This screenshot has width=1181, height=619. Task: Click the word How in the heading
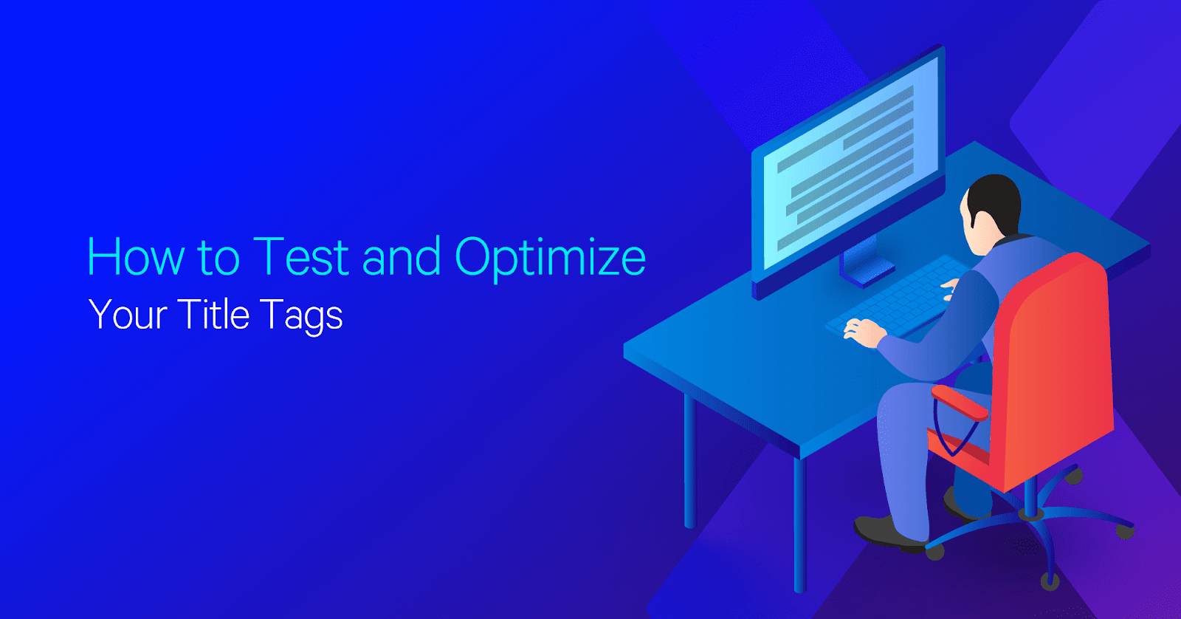pos(136,256)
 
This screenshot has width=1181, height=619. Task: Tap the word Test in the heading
pos(301,256)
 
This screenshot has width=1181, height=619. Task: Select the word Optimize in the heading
pos(550,259)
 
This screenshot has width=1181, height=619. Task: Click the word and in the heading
pos(402,256)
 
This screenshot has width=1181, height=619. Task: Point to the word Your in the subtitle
pos(128,315)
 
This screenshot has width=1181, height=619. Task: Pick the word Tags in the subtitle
pos(302,317)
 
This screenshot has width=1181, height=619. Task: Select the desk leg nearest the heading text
pos(689,460)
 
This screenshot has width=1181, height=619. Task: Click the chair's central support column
pos(1030,496)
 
